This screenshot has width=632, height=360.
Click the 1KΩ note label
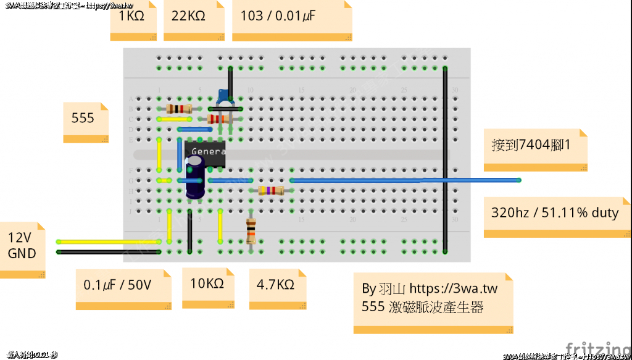[131, 16]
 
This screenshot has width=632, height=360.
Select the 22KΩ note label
[188, 16]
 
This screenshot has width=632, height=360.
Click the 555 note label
[83, 117]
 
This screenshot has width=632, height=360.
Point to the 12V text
[20, 238]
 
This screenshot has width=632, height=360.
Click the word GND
[22, 253]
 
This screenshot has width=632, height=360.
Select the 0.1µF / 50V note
[118, 286]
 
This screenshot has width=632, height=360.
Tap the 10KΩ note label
[207, 283]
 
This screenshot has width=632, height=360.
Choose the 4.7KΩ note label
[275, 285]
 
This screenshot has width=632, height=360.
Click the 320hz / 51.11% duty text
[554, 213]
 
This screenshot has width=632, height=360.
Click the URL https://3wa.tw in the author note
[454, 288]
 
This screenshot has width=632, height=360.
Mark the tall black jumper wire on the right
[445, 161]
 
